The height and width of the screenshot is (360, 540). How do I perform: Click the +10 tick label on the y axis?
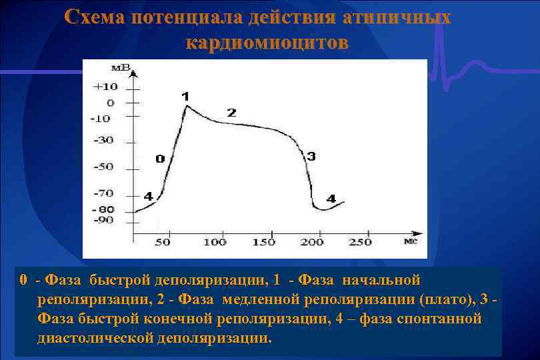click(106, 87)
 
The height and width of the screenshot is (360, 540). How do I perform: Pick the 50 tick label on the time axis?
click(163, 242)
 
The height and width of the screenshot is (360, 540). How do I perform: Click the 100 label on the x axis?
click(215, 242)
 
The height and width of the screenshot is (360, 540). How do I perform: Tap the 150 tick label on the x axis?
click(264, 242)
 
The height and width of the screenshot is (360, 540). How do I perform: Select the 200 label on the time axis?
click(312, 242)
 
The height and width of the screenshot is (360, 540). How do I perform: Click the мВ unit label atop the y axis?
click(121, 67)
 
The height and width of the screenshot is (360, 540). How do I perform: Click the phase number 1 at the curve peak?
click(185, 96)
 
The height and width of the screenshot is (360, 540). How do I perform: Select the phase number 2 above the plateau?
click(231, 113)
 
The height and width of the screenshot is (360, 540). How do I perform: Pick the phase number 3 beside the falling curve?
click(311, 156)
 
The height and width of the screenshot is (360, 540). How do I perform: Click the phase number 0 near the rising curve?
click(160, 159)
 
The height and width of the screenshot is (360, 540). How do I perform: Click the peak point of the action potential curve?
click(187, 105)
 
